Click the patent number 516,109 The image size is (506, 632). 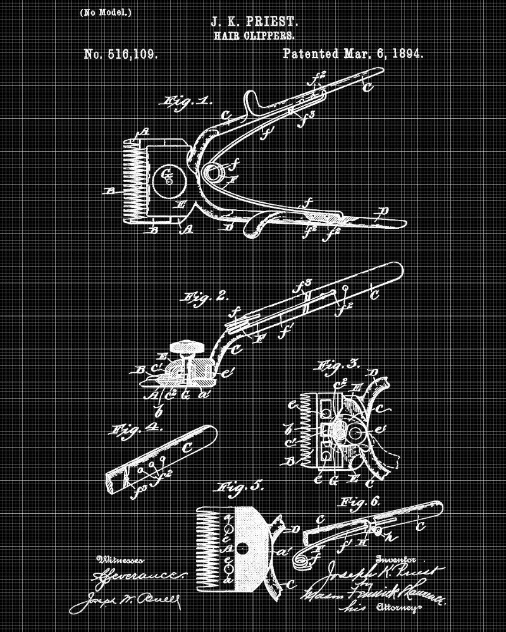120,54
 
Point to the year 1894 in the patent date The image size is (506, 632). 402,54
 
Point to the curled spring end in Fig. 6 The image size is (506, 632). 303,559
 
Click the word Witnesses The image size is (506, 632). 120,559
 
